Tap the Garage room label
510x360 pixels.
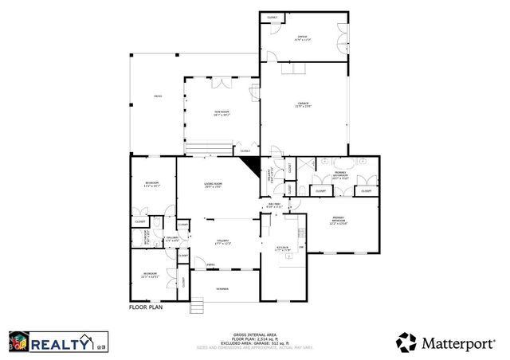304,104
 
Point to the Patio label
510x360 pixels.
157,97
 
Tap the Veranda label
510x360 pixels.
223,288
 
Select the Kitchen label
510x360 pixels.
282,248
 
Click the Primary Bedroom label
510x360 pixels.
342,222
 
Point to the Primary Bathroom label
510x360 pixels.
340,177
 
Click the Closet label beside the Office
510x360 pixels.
272,17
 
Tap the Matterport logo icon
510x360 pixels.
406,342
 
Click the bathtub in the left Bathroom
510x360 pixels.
136,237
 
